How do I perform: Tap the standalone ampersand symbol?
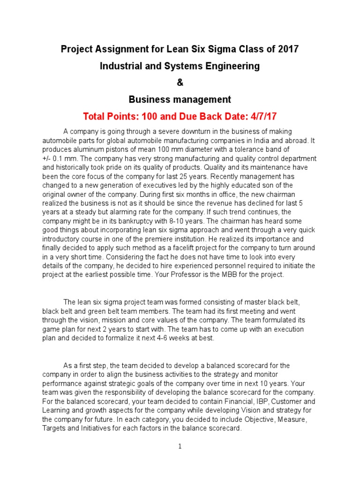pos(180,82)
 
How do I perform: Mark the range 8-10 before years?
pos(171,221)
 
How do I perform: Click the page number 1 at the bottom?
pos(180,446)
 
